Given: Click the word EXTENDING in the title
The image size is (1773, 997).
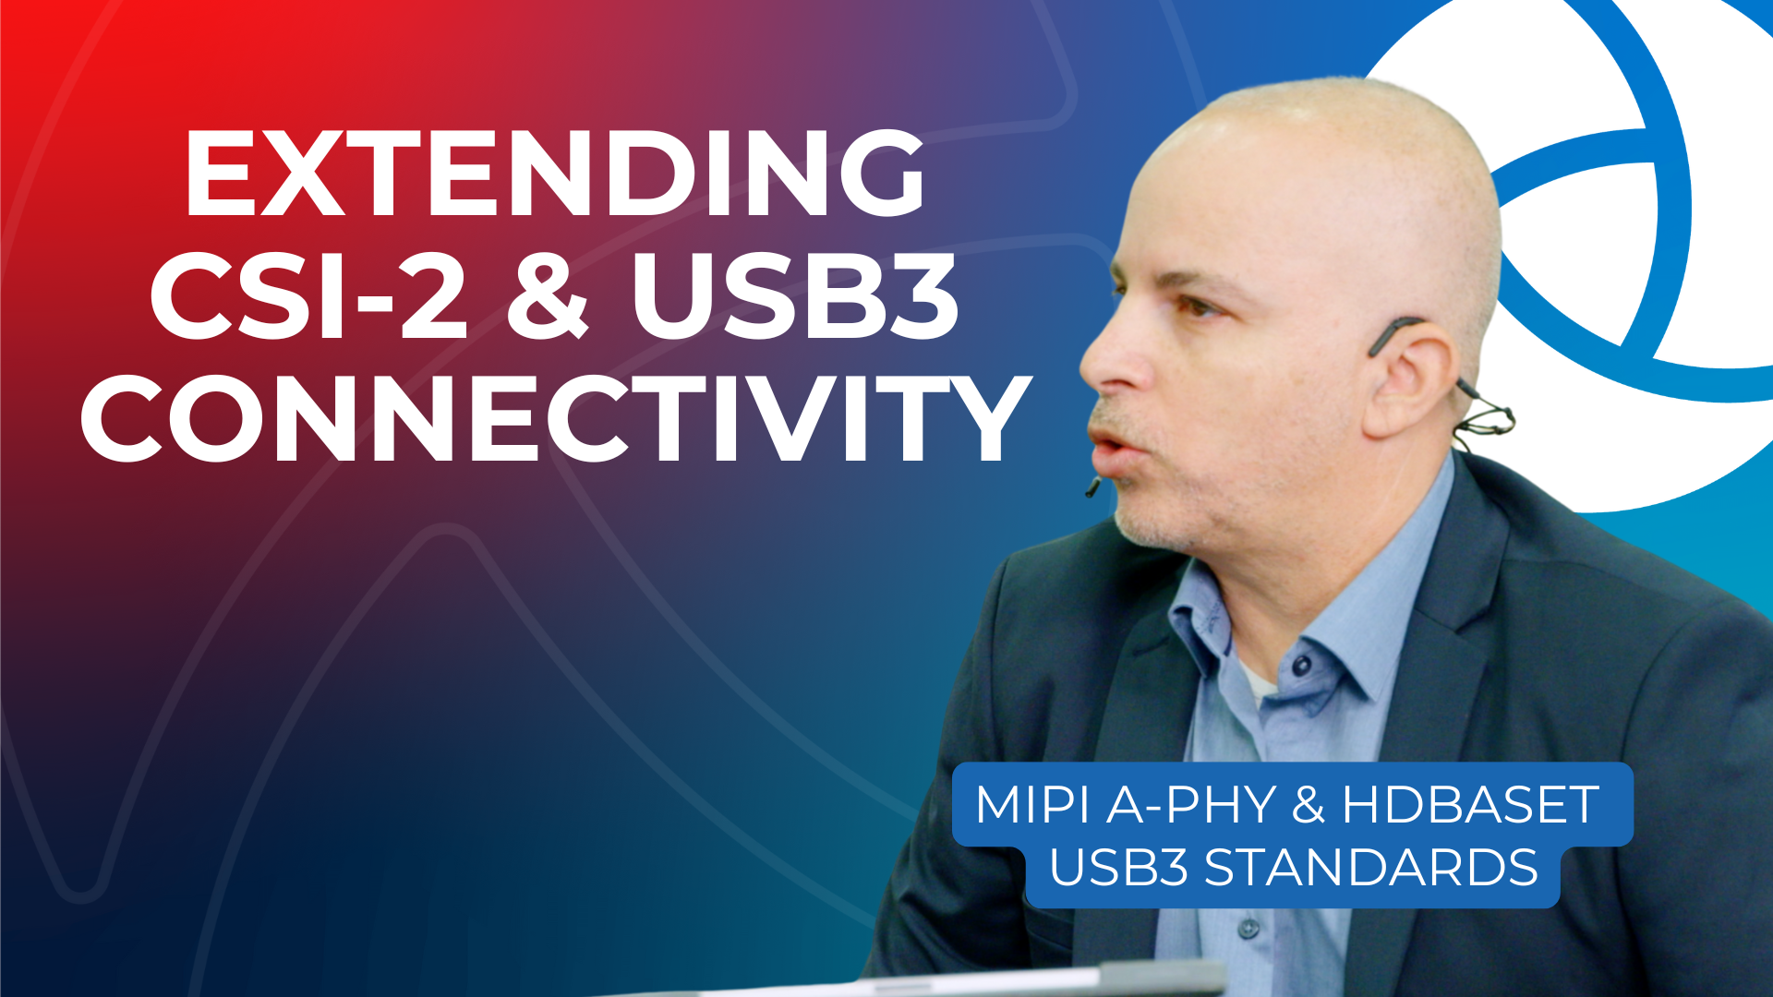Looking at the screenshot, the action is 555,173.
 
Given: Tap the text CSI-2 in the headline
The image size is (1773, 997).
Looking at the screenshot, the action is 309,296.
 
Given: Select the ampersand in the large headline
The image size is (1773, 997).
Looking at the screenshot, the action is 548,296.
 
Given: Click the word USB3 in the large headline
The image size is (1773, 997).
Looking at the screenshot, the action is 795,296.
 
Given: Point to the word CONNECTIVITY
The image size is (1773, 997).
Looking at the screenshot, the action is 555,418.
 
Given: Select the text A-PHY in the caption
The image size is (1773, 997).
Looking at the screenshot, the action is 1191,804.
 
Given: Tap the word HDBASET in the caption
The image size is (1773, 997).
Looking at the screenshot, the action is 1470,804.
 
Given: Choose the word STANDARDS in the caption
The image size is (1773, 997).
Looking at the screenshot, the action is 1371,868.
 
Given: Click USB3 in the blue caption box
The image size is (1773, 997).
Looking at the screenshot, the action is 1118,868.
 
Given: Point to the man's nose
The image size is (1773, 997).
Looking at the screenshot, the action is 1108,365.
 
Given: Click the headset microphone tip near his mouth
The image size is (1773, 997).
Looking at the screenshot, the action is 1092,486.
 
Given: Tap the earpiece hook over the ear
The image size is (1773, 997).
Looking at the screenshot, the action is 1394,332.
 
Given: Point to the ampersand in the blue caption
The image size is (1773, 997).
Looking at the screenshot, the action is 1309,804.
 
